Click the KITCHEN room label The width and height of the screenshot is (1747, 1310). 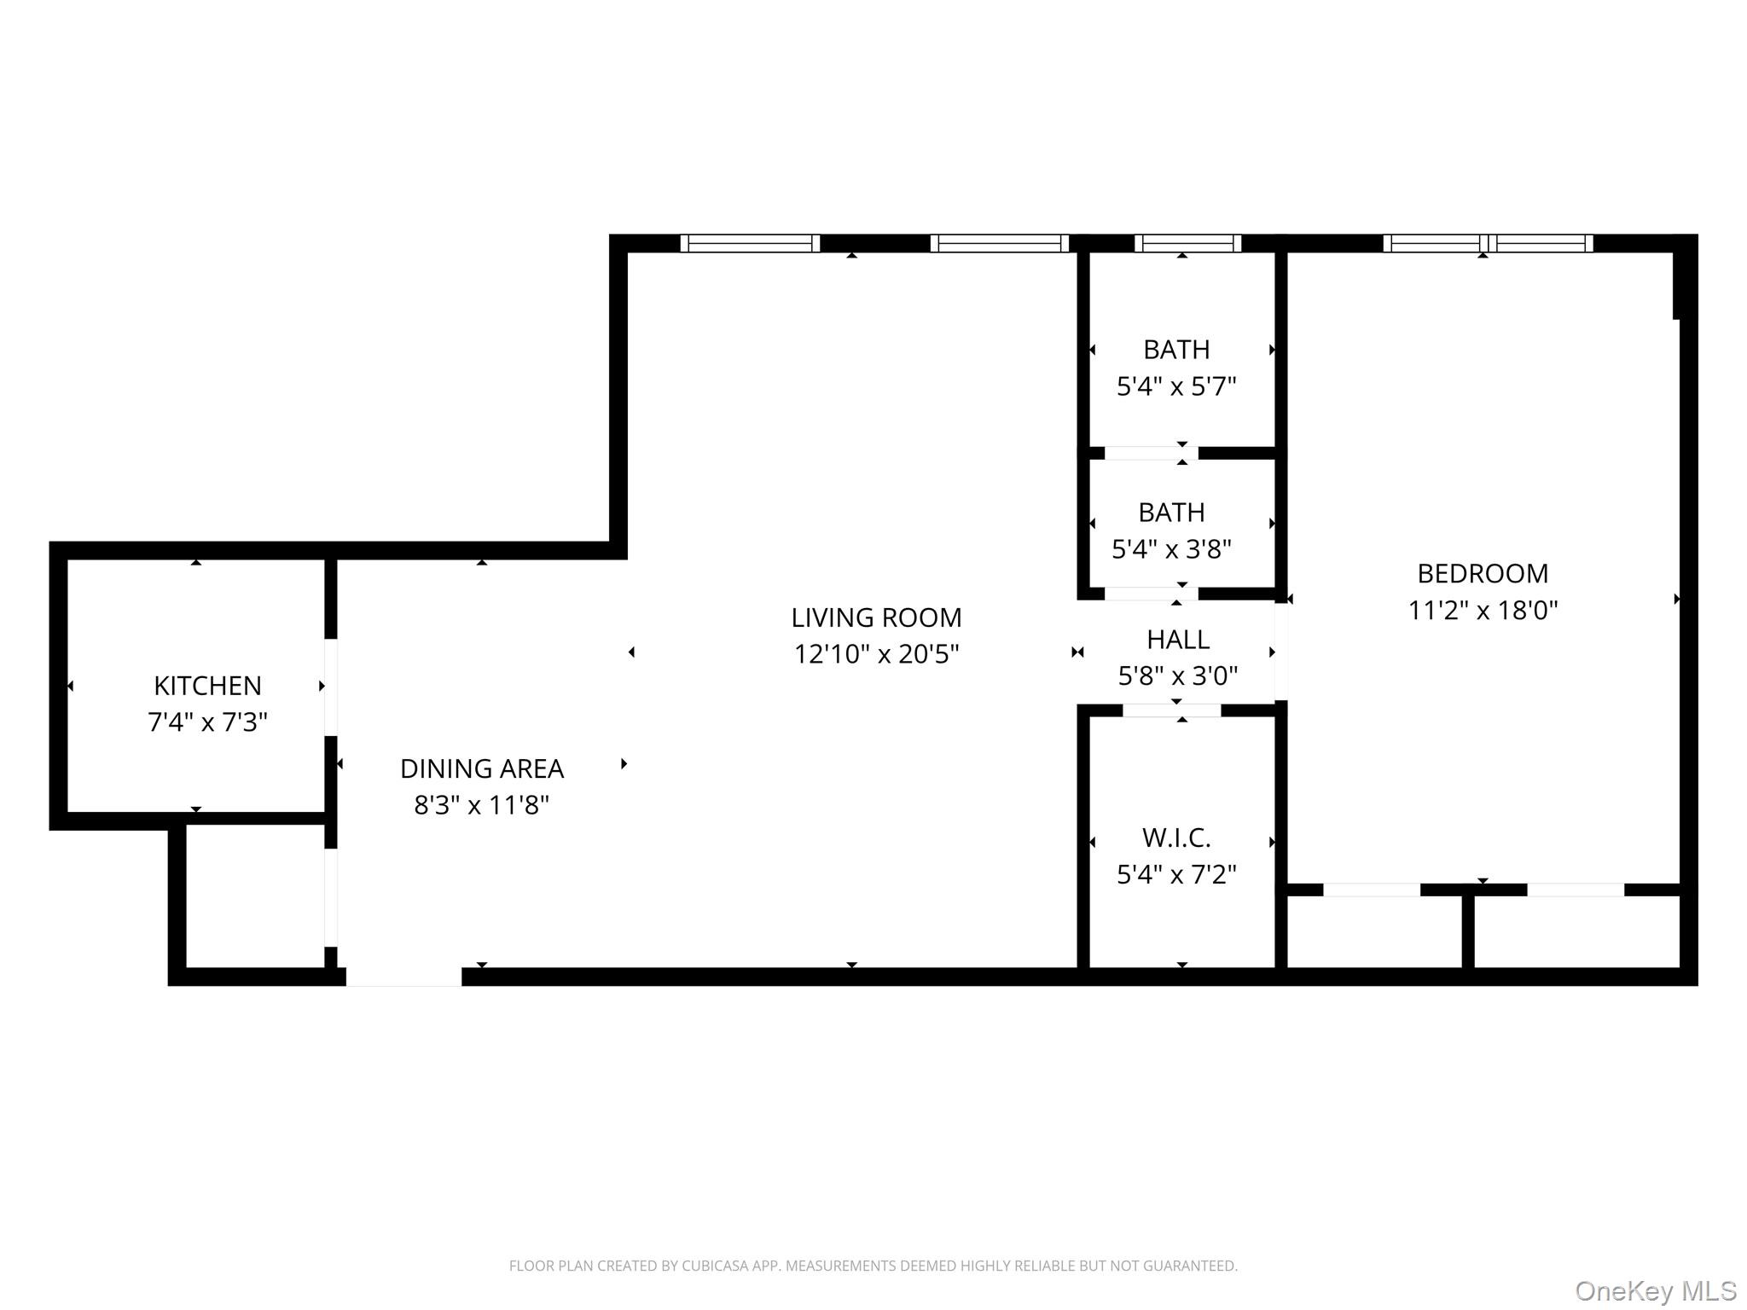tap(207, 686)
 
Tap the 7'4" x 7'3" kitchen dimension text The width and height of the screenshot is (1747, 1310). tap(207, 722)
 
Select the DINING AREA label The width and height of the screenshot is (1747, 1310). tap(482, 768)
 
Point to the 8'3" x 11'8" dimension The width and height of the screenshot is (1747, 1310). tap(482, 805)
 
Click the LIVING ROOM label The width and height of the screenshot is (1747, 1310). tap(876, 617)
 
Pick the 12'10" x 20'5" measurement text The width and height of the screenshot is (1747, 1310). tap(876, 654)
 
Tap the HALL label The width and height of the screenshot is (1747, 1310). tap(1177, 640)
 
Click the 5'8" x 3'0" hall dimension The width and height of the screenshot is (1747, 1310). tap(1177, 676)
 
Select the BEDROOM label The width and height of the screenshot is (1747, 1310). tap(1483, 574)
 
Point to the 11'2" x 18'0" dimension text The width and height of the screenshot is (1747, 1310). tap(1483, 611)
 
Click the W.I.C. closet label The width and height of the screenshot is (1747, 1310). tap(1176, 838)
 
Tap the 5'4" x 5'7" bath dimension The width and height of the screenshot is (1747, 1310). tap(1176, 386)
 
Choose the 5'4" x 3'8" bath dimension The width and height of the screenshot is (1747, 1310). tap(1171, 549)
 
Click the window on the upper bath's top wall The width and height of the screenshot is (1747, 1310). tap(1187, 244)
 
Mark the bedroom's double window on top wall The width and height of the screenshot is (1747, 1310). tap(1488, 244)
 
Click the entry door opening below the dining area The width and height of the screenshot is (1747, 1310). tap(404, 977)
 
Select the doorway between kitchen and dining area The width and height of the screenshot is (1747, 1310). tap(331, 687)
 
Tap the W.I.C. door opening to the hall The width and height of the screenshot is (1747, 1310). tap(1171, 710)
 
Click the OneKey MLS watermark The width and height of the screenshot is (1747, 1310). tap(1655, 1290)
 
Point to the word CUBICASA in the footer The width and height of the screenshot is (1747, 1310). tap(716, 1267)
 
